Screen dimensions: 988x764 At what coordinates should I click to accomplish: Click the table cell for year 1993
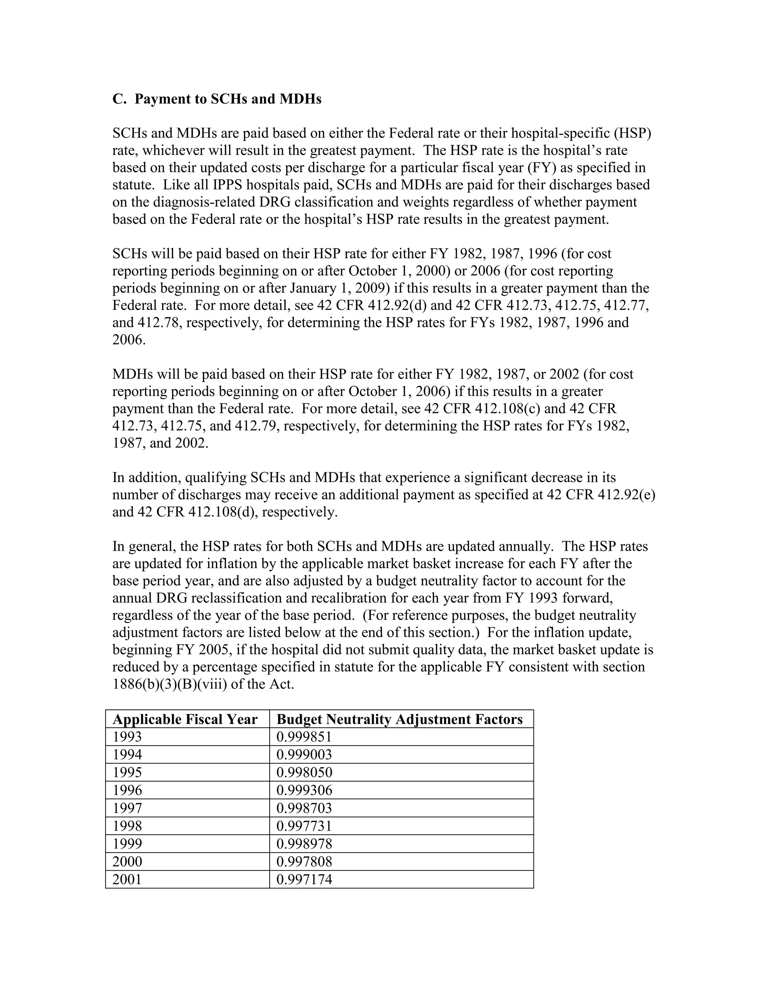pos(127,737)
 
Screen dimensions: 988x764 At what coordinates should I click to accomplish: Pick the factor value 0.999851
pos(304,737)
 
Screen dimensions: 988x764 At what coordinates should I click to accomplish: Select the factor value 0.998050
pos(304,773)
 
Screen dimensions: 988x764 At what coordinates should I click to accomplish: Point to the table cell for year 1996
pos(127,790)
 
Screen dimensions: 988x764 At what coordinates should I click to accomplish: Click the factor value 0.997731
pos(304,826)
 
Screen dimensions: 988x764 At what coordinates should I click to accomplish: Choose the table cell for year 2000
pos(127,861)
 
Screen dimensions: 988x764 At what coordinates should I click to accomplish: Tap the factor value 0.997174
pos(304,880)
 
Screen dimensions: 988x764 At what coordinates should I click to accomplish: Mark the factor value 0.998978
pos(304,844)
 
